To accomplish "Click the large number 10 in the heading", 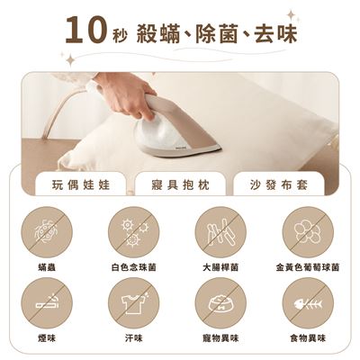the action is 86,30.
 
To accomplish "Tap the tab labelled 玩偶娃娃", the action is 81,184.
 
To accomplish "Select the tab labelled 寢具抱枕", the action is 180,184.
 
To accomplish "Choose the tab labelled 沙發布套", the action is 279,184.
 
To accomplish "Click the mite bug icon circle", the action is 47,232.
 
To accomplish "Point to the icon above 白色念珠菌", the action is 134,232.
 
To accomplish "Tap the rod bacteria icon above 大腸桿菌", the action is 220,232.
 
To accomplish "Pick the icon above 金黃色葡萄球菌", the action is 308,232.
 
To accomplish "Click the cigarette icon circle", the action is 47,303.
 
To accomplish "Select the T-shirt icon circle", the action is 134,303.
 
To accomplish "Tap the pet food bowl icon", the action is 220,303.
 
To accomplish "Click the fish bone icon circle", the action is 308,303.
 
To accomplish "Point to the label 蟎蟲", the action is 47,267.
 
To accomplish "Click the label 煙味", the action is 47,338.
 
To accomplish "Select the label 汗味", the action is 134,338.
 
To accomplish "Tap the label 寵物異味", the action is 220,338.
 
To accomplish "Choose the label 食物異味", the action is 308,338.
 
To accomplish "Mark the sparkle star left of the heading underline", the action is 71,60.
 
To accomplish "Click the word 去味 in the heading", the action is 275,33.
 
